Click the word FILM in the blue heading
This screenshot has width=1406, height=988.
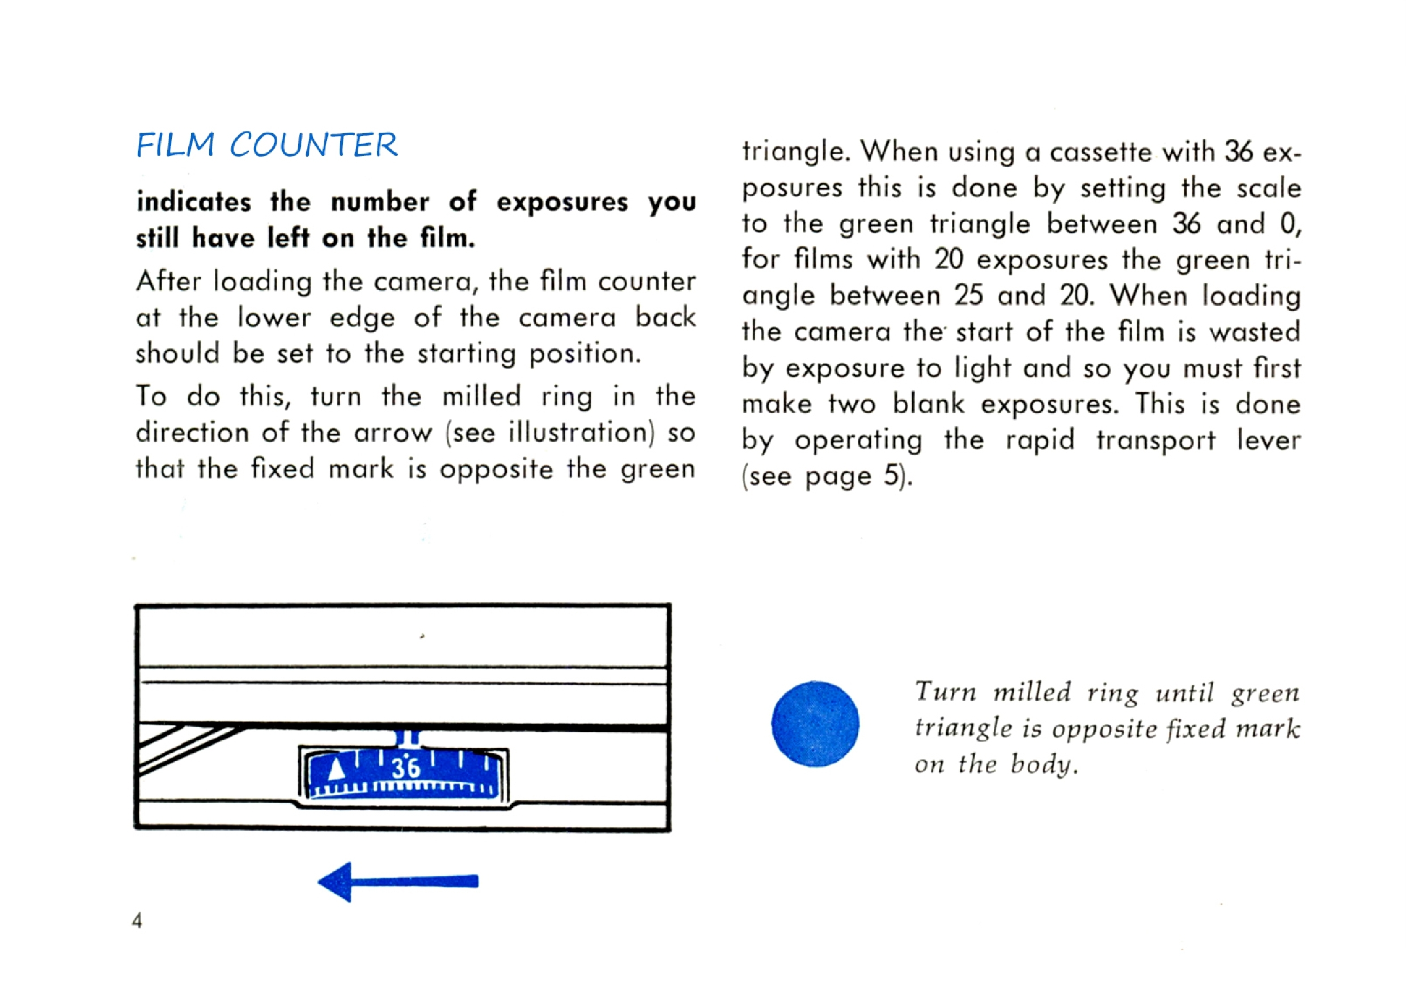tap(175, 145)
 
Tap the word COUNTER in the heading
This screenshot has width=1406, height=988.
tap(314, 145)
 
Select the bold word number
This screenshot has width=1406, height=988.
tap(380, 202)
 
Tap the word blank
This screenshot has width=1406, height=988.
tap(928, 404)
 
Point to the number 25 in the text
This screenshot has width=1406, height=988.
tap(968, 296)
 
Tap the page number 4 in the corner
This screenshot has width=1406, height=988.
tap(137, 920)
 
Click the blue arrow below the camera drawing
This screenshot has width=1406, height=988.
tap(398, 881)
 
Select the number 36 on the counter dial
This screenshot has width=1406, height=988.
tap(406, 767)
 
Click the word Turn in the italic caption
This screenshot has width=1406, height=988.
tap(946, 692)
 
